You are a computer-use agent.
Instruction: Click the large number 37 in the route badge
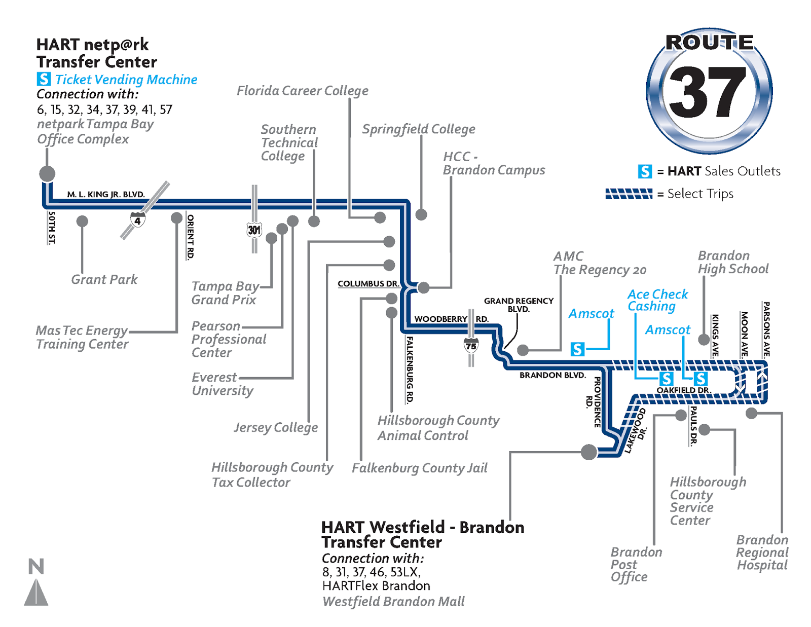[x=708, y=92]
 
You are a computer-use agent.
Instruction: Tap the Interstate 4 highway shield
[x=137, y=220]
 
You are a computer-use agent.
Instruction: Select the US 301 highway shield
[x=254, y=230]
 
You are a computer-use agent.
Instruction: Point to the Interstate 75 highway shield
[x=471, y=346]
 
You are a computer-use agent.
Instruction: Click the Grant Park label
[x=104, y=279]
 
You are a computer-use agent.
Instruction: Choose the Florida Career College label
[x=302, y=91]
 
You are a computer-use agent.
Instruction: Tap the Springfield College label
[x=418, y=129]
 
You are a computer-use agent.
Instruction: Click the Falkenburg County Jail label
[x=419, y=468]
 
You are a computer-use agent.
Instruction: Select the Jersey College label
[x=276, y=427]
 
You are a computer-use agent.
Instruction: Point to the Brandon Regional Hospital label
[x=762, y=552]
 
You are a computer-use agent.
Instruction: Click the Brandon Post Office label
[x=636, y=564]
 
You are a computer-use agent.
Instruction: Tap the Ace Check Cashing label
[x=657, y=300]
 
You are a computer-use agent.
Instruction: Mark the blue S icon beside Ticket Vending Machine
[x=44, y=79]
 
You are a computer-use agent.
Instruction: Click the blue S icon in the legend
[x=645, y=171]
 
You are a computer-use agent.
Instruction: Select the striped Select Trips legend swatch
[x=629, y=194]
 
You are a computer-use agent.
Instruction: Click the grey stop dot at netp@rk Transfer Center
[x=47, y=173]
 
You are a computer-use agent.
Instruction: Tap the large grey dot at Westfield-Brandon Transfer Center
[x=588, y=452]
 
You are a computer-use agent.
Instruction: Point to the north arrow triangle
[x=36, y=593]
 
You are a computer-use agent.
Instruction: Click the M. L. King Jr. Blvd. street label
[x=106, y=194]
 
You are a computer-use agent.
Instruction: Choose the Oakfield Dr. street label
[x=684, y=390]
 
